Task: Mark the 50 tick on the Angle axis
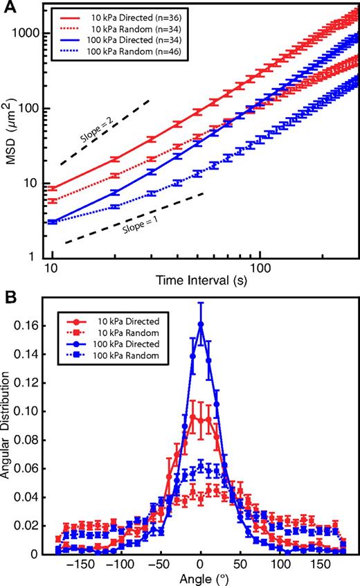240,565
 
